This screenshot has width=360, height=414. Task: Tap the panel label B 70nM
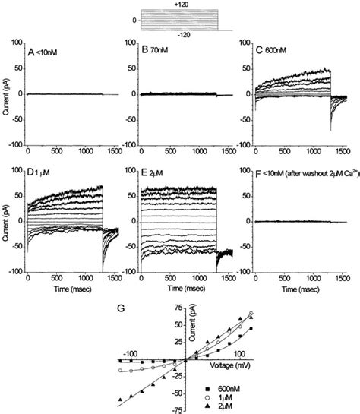point(147,52)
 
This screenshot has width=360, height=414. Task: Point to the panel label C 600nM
point(258,52)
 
